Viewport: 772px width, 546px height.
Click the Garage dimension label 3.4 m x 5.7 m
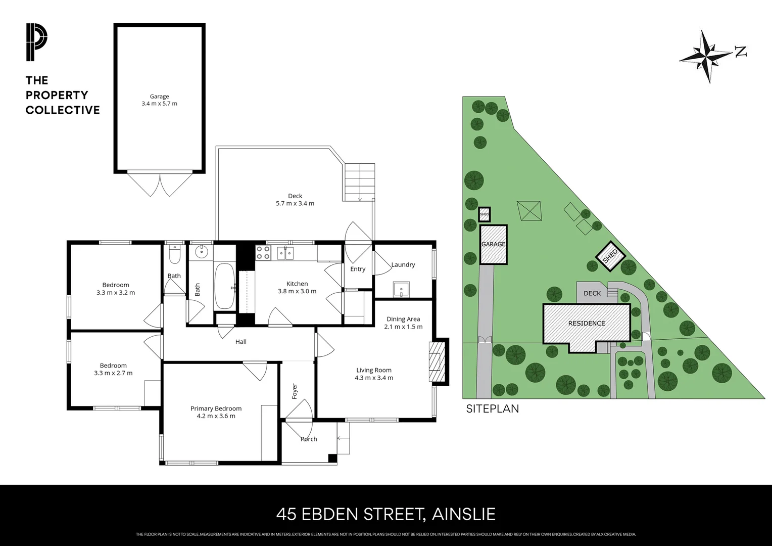coord(159,104)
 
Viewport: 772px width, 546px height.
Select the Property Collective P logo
coord(36,42)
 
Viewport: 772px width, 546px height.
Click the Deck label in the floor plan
coord(295,196)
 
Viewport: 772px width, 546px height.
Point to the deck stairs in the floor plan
coord(359,182)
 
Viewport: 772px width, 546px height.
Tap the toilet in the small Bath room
coord(174,256)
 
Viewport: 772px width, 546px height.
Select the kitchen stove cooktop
coord(263,252)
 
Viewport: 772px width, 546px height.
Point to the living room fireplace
coord(436,361)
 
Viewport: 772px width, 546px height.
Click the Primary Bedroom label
coord(216,408)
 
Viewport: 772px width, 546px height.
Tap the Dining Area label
coord(403,319)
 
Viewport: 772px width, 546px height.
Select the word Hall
coord(241,342)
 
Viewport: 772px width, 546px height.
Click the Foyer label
coord(295,391)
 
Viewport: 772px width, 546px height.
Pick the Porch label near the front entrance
coord(309,439)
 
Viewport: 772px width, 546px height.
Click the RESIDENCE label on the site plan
coord(586,323)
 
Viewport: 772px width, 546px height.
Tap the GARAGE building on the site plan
coord(493,244)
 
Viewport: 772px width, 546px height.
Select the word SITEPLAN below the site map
coord(492,408)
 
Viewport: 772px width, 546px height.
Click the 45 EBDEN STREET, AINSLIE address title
coord(385,514)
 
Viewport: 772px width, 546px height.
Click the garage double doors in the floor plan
coord(160,185)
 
